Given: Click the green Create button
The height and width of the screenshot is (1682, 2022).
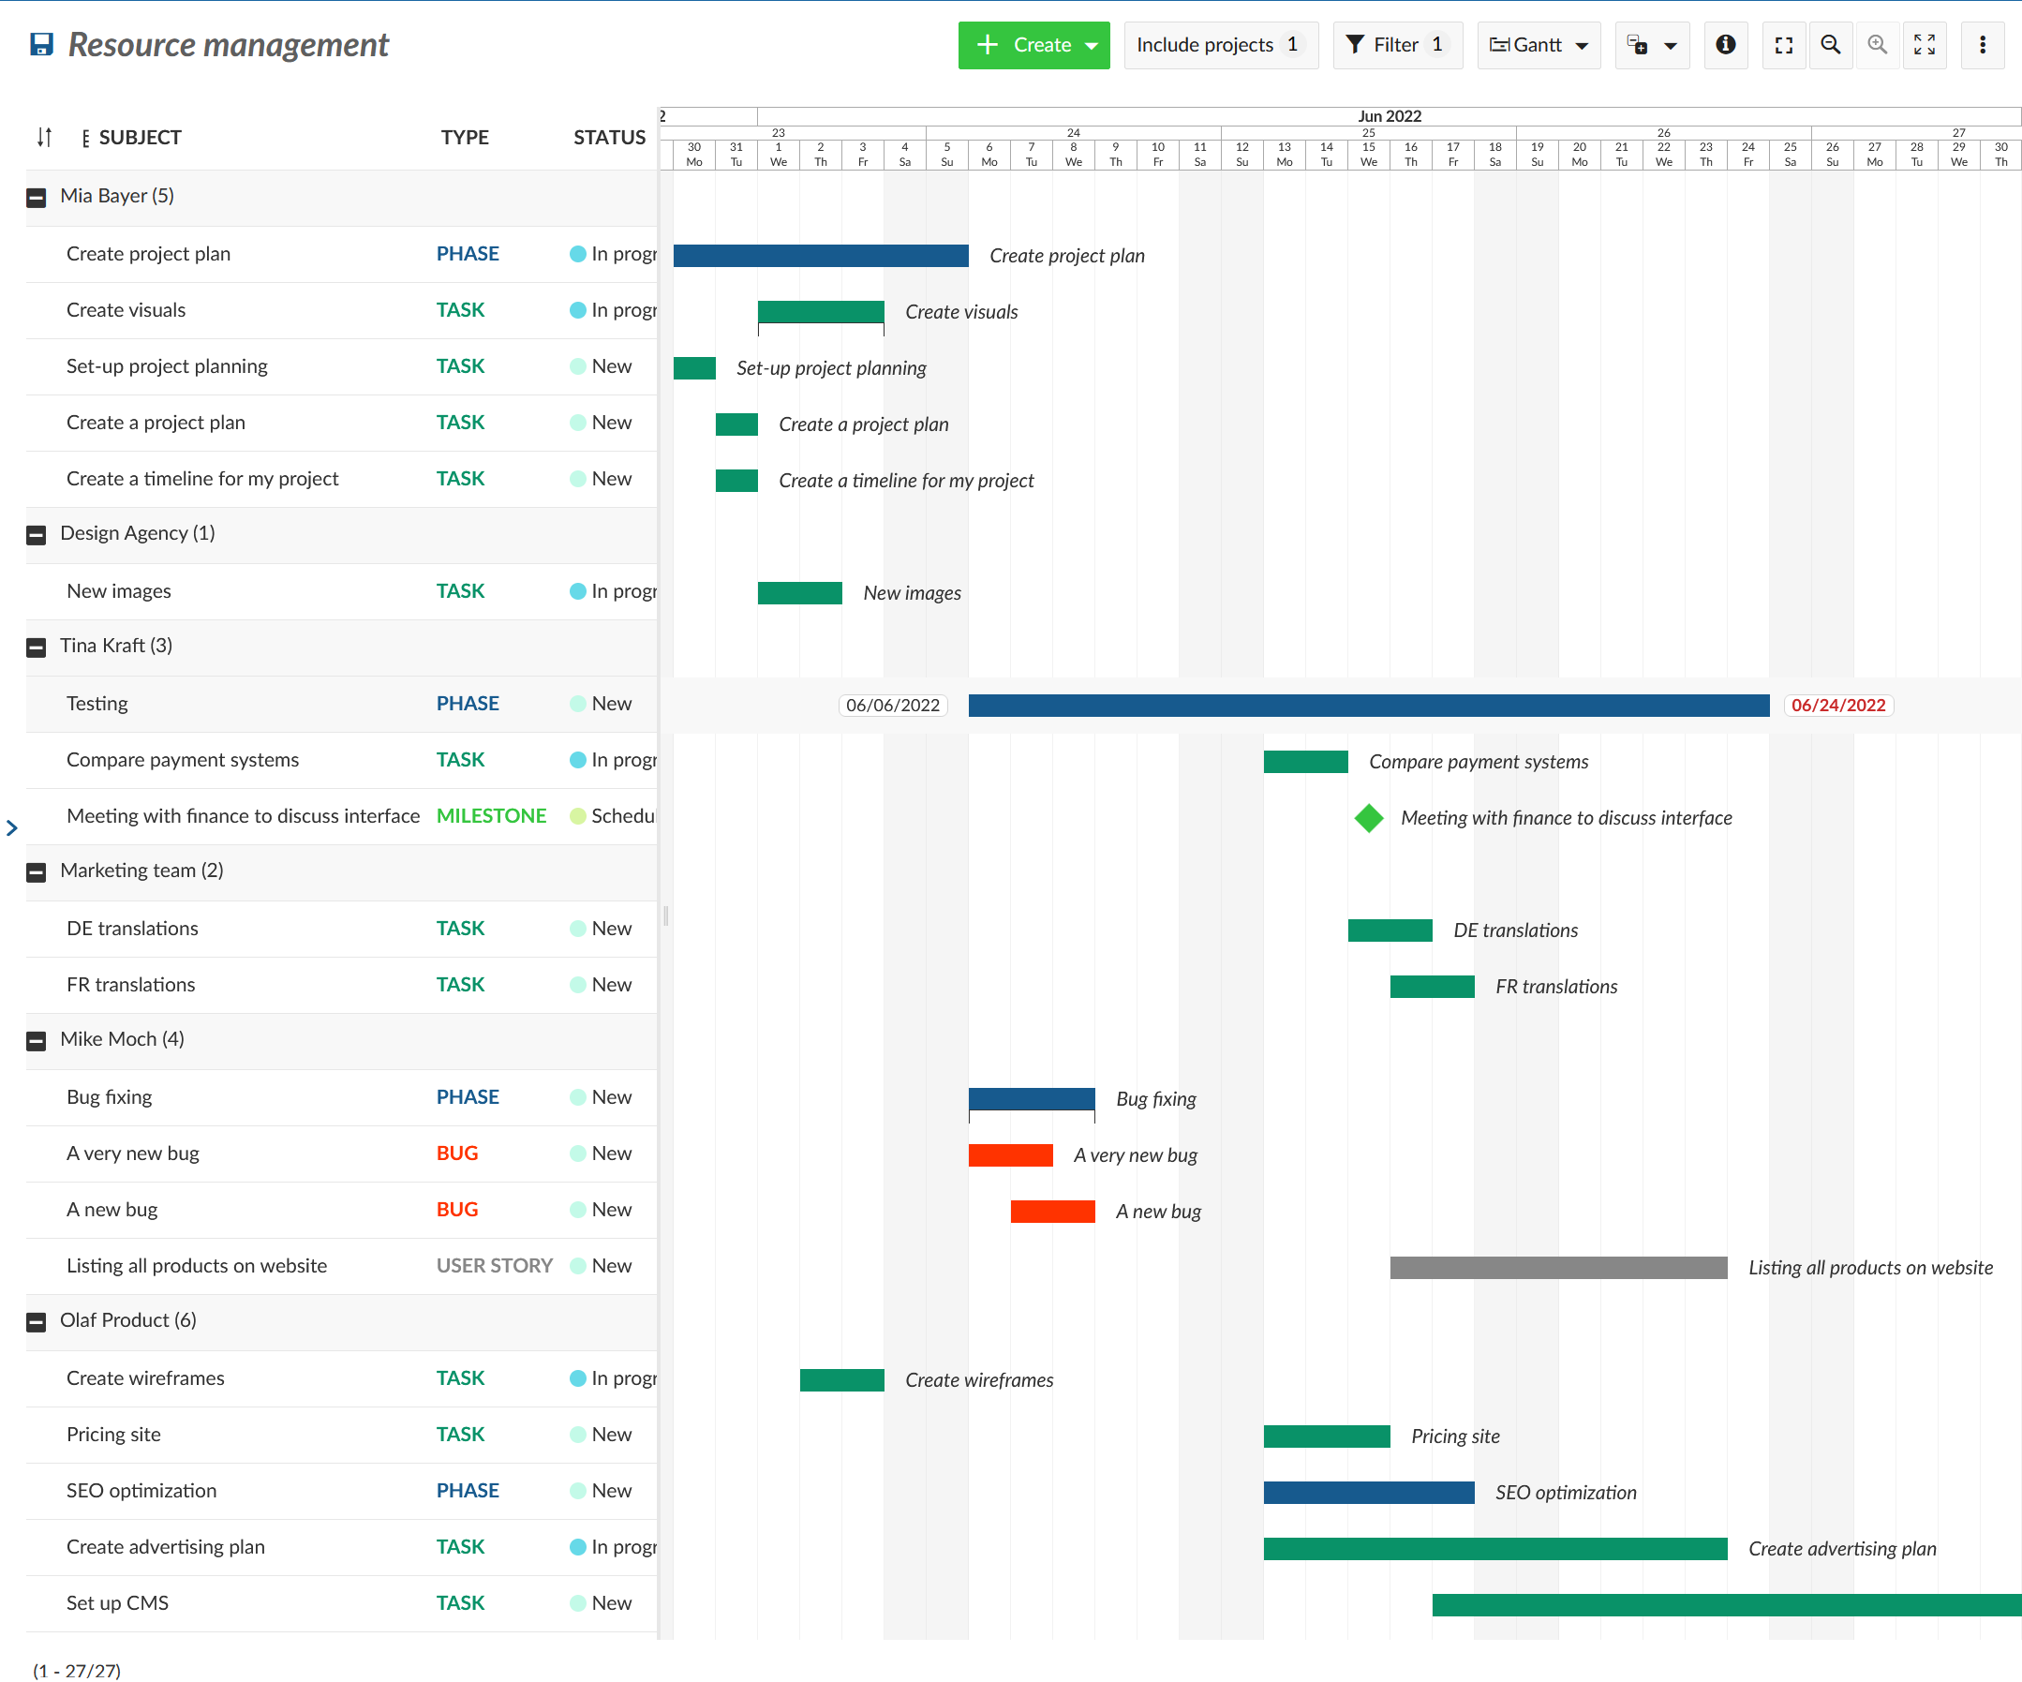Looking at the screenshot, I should tap(1033, 45).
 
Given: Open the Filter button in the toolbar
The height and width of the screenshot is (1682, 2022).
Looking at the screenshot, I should tap(1396, 45).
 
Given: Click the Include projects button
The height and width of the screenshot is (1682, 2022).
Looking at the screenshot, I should tap(1219, 45).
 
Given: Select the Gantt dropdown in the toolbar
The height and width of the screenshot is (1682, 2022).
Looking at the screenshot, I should tap(1538, 45).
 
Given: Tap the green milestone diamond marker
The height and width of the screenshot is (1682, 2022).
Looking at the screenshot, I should tap(1368, 817).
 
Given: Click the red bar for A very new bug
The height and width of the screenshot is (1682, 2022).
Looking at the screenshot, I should tap(1010, 1154).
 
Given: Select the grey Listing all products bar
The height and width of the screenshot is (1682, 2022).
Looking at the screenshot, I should tap(1557, 1267).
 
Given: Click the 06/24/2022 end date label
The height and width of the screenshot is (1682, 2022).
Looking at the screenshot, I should tap(1837, 705).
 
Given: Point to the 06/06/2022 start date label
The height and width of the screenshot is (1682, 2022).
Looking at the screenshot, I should tap(893, 705).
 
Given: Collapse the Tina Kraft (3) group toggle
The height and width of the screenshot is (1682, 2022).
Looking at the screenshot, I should tap(37, 647).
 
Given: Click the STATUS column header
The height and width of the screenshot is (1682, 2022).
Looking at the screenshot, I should tap(608, 138).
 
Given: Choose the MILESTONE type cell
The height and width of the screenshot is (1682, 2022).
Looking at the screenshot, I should tap(490, 815).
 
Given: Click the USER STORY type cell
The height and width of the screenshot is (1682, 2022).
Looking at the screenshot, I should tap(494, 1265).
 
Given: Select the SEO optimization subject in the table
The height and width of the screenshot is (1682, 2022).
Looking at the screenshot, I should tap(141, 1491).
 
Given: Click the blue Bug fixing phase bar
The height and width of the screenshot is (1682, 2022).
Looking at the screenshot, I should tap(1032, 1097).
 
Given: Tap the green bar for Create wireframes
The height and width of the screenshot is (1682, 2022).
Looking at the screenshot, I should tap(841, 1379).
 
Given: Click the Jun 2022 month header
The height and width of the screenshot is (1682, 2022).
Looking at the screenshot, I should tap(1389, 116).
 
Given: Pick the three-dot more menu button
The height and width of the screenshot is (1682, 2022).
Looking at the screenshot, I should tap(1982, 45).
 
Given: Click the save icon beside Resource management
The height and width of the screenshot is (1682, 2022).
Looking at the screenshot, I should tap(41, 45).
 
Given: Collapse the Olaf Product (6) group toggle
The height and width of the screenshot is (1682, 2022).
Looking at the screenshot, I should tap(37, 1322).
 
